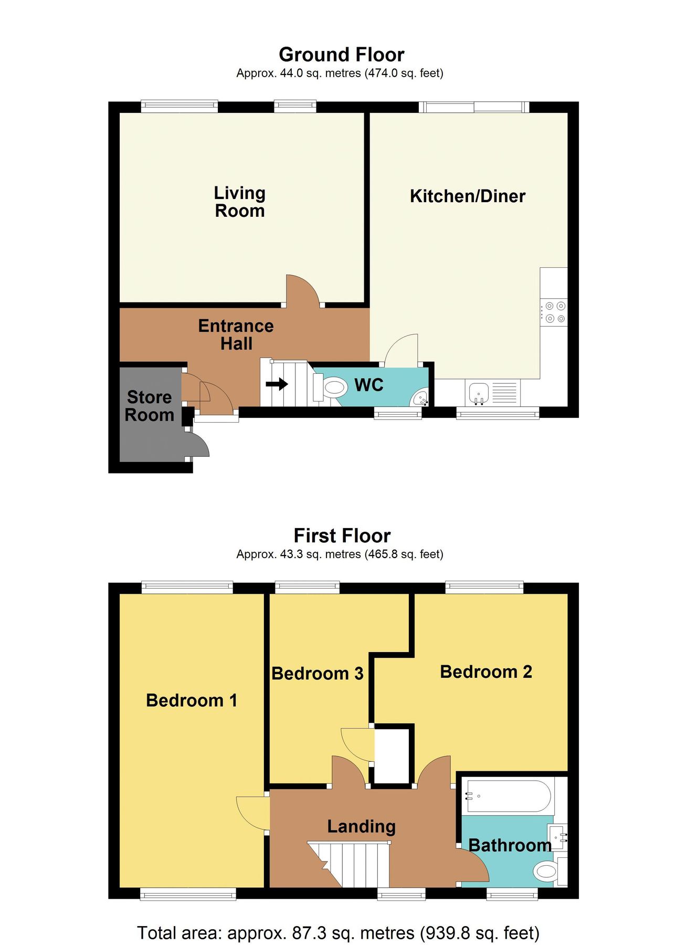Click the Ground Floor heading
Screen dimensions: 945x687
[x=341, y=55]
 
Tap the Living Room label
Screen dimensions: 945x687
[x=239, y=202]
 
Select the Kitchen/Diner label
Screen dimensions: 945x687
[x=467, y=196]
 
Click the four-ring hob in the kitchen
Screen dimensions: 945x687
[x=555, y=312]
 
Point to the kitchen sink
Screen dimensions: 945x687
[x=479, y=393]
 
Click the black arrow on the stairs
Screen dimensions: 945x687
[x=277, y=384]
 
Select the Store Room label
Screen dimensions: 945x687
[x=150, y=406]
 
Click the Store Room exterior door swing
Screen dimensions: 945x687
[x=198, y=445]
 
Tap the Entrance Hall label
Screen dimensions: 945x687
[x=236, y=334]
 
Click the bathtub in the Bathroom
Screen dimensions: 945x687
[x=508, y=796]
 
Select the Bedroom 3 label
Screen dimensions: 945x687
[x=317, y=674]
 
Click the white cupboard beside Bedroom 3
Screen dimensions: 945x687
[x=392, y=754]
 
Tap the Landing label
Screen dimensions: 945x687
[x=361, y=826]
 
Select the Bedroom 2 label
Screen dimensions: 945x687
[x=485, y=672]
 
